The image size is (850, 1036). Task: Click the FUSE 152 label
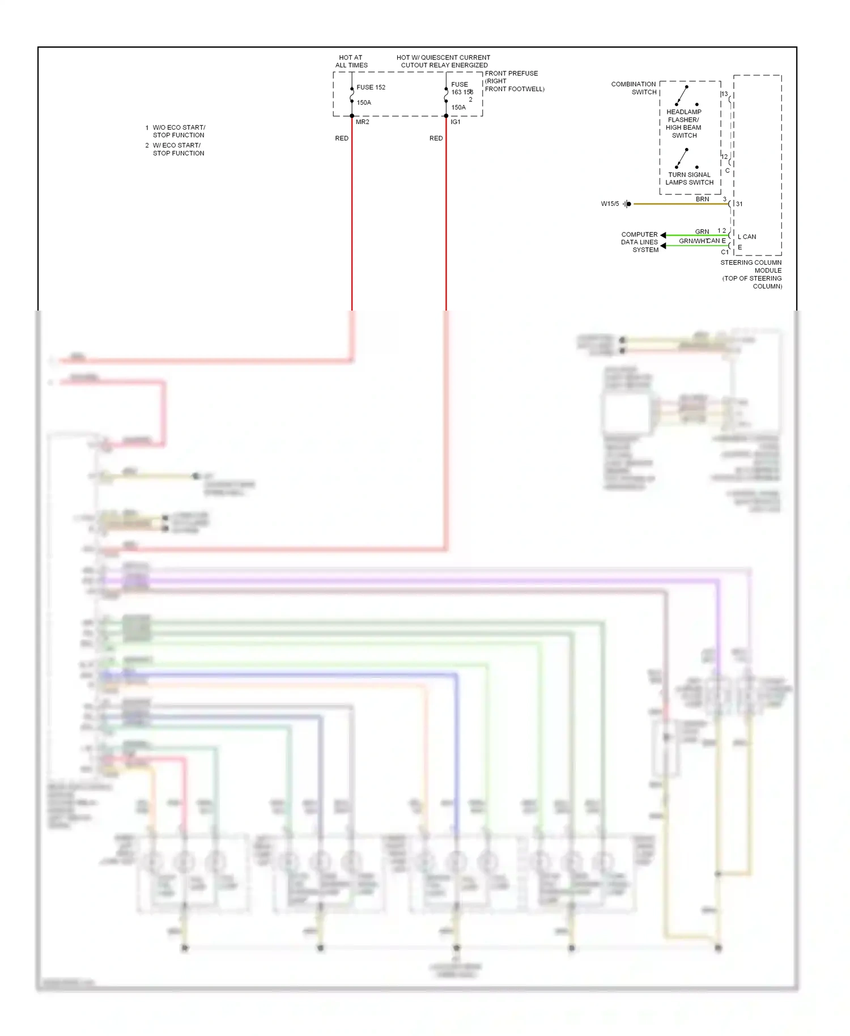(x=371, y=87)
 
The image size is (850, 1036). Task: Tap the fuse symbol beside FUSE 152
(x=352, y=95)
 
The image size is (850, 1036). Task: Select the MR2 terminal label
(x=362, y=122)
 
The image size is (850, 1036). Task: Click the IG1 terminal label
(x=456, y=122)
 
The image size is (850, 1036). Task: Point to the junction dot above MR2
(x=352, y=116)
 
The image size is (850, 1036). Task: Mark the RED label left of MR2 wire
(x=342, y=138)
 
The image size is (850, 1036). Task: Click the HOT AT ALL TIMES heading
(x=351, y=61)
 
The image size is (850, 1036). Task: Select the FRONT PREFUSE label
(x=512, y=74)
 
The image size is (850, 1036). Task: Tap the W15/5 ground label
(x=610, y=204)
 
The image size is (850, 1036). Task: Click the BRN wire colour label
(x=702, y=199)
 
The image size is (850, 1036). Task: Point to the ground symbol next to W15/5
(x=627, y=204)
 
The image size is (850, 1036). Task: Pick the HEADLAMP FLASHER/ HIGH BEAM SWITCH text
(x=684, y=124)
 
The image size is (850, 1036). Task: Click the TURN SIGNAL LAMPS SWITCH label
(x=689, y=179)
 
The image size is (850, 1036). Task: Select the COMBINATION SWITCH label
(x=634, y=88)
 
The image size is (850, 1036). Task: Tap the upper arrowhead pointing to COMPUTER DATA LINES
(x=663, y=235)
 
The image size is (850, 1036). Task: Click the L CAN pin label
(x=746, y=237)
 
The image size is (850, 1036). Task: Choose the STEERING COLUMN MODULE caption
(x=751, y=266)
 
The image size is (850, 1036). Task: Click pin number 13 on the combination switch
(x=724, y=94)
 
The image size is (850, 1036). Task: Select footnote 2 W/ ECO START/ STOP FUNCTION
(x=176, y=149)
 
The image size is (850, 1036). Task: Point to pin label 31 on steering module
(x=739, y=204)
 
